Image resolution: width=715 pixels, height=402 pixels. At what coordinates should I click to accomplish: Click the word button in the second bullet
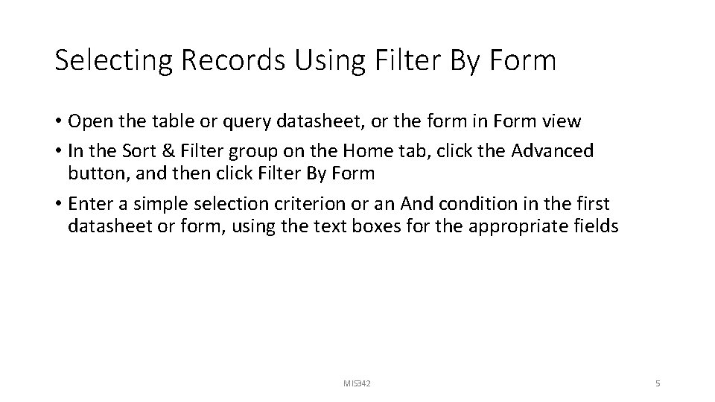click(x=93, y=173)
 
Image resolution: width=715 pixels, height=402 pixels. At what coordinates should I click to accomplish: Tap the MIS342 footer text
click(x=357, y=383)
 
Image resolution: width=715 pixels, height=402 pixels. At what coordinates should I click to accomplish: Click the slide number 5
click(x=658, y=383)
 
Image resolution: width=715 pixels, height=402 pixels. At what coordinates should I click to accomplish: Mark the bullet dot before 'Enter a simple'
click(x=58, y=204)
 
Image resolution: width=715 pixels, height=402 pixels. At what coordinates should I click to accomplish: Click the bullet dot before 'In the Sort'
click(x=58, y=152)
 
